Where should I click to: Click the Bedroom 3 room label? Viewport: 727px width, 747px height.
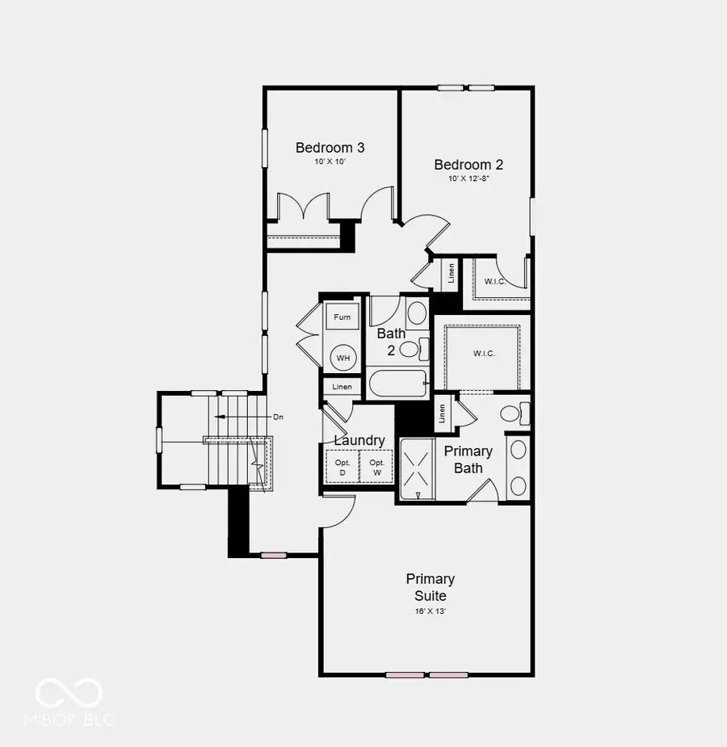point(330,148)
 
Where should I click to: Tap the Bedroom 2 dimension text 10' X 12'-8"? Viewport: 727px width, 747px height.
point(469,178)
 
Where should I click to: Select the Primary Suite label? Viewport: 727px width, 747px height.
point(431,587)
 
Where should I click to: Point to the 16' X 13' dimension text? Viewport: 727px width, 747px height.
point(431,611)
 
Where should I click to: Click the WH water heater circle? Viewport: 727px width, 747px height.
point(343,358)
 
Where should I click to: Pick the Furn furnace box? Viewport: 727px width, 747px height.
point(342,317)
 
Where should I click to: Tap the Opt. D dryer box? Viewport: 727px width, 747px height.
point(342,468)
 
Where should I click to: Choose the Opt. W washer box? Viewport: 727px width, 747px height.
point(376,468)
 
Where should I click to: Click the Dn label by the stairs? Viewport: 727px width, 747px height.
point(278,417)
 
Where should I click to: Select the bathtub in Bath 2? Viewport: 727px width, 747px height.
point(397,384)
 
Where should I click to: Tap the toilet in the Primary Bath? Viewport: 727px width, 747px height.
point(515,413)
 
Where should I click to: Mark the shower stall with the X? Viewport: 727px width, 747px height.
point(418,468)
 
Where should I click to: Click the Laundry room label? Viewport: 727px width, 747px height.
point(359,441)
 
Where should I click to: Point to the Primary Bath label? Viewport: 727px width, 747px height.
point(469,460)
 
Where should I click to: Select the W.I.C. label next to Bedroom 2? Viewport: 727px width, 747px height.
point(495,282)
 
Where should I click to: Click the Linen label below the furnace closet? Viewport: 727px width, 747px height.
point(342,386)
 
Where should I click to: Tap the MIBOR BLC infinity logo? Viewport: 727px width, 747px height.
point(69,693)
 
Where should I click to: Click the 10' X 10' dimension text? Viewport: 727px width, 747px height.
point(330,162)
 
